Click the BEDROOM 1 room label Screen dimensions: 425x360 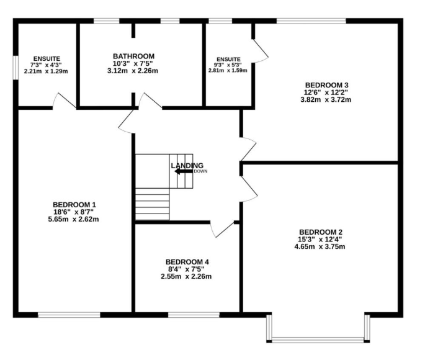coord(74,205)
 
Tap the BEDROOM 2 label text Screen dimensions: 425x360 coord(321,232)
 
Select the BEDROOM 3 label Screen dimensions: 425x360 coord(326,85)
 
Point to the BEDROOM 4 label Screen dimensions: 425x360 coord(187,262)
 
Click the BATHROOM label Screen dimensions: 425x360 coord(133,56)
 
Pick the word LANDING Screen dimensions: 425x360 coord(187,165)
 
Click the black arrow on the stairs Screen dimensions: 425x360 coord(184,171)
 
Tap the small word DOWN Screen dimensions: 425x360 coord(200,171)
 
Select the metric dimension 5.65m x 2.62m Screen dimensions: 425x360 coord(73,219)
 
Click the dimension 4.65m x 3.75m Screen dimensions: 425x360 coord(320,246)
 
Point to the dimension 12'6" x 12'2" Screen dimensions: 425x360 coord(326,92)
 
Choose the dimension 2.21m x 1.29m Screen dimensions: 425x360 coord(46,71)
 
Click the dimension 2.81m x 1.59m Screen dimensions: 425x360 coord(228,71)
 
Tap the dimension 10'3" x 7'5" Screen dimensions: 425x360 coord(133,63)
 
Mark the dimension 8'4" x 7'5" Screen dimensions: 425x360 coord(186,269)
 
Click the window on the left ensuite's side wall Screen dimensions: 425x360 coord(16,68)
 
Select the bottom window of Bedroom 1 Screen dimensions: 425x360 coord(69,315)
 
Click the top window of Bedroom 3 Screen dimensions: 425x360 coord(311,21)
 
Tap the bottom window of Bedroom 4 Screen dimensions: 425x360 coord(194,315)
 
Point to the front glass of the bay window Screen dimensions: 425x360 coord(318,339)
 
